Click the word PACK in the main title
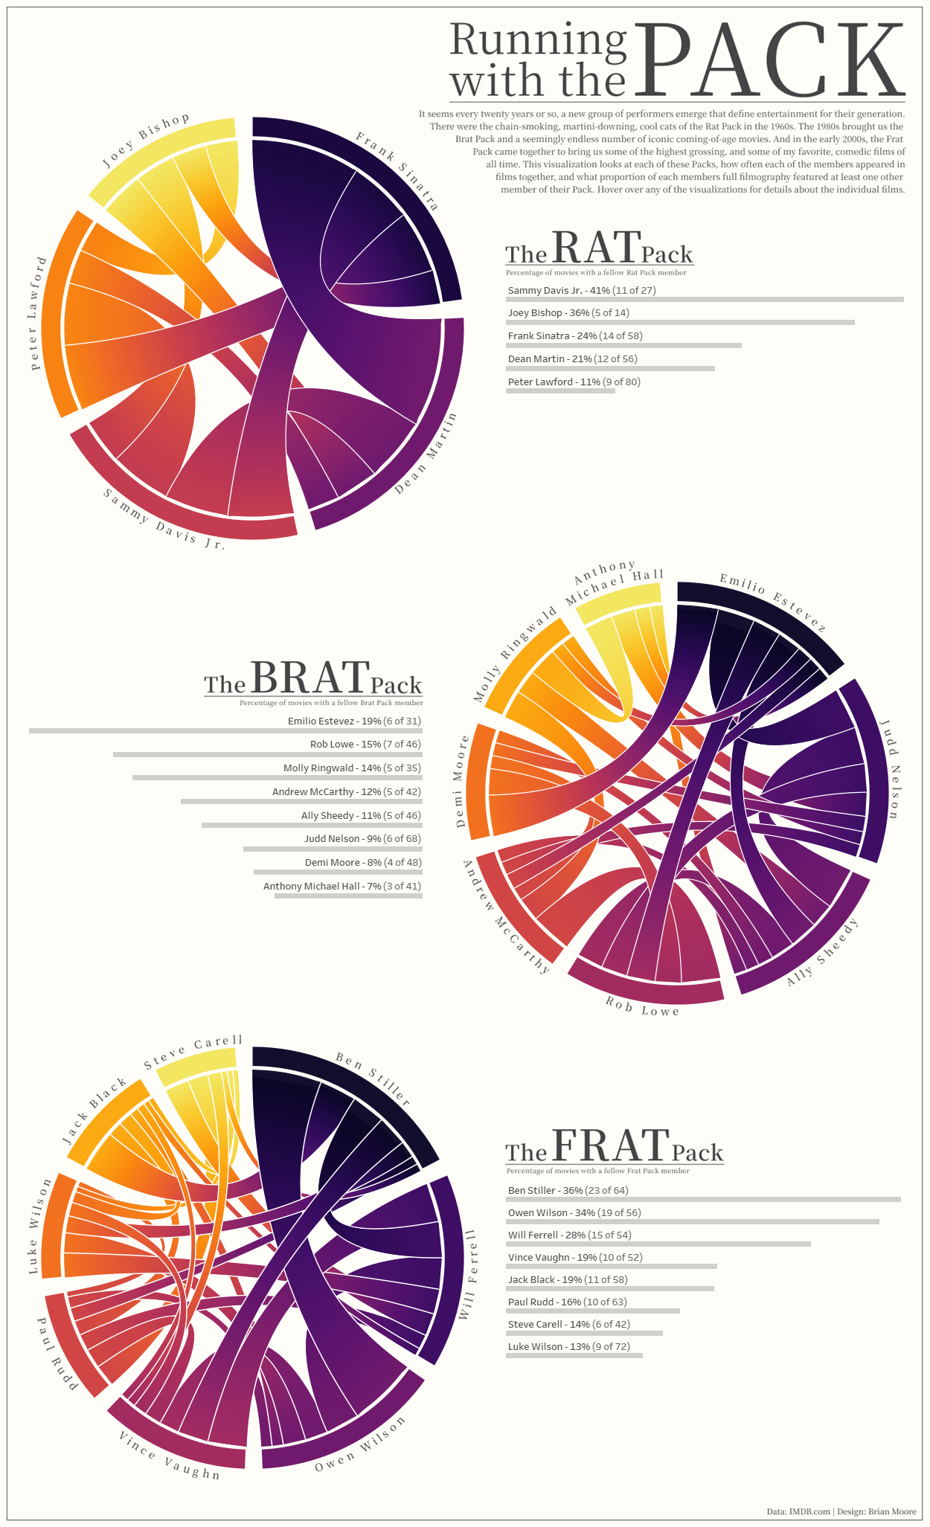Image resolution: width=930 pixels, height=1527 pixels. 770,61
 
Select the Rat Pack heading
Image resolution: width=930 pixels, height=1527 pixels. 599,249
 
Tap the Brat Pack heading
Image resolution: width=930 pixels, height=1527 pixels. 312,679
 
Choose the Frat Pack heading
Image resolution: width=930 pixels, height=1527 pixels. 614,1147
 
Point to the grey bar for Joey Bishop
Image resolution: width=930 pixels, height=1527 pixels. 680,323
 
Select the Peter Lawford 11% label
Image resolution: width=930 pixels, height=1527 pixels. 574,382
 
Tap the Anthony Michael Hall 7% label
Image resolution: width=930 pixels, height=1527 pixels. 342,887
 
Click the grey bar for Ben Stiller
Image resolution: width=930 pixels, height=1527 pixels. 703,1200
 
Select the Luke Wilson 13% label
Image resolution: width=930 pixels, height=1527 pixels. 574,1347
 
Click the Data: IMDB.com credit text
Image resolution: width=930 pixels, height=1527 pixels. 798,1511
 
